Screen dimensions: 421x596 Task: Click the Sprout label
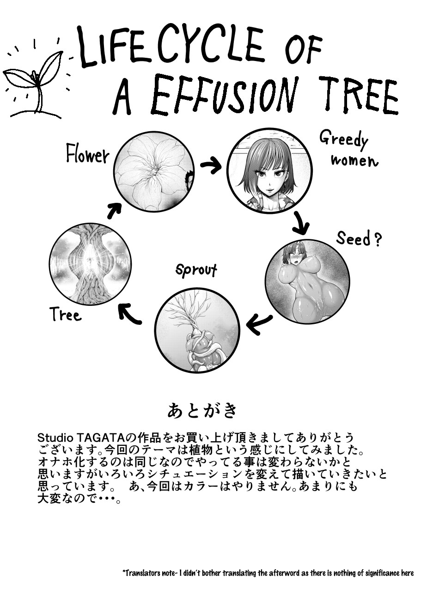coord(196,271)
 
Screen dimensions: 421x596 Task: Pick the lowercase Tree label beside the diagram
coord(66,314)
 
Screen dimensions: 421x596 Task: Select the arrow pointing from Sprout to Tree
coord(129,313)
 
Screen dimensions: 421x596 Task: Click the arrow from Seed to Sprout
coord(259,324)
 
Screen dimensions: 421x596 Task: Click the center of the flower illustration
coord(154,171)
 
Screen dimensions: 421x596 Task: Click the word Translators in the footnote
coord(140,572)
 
